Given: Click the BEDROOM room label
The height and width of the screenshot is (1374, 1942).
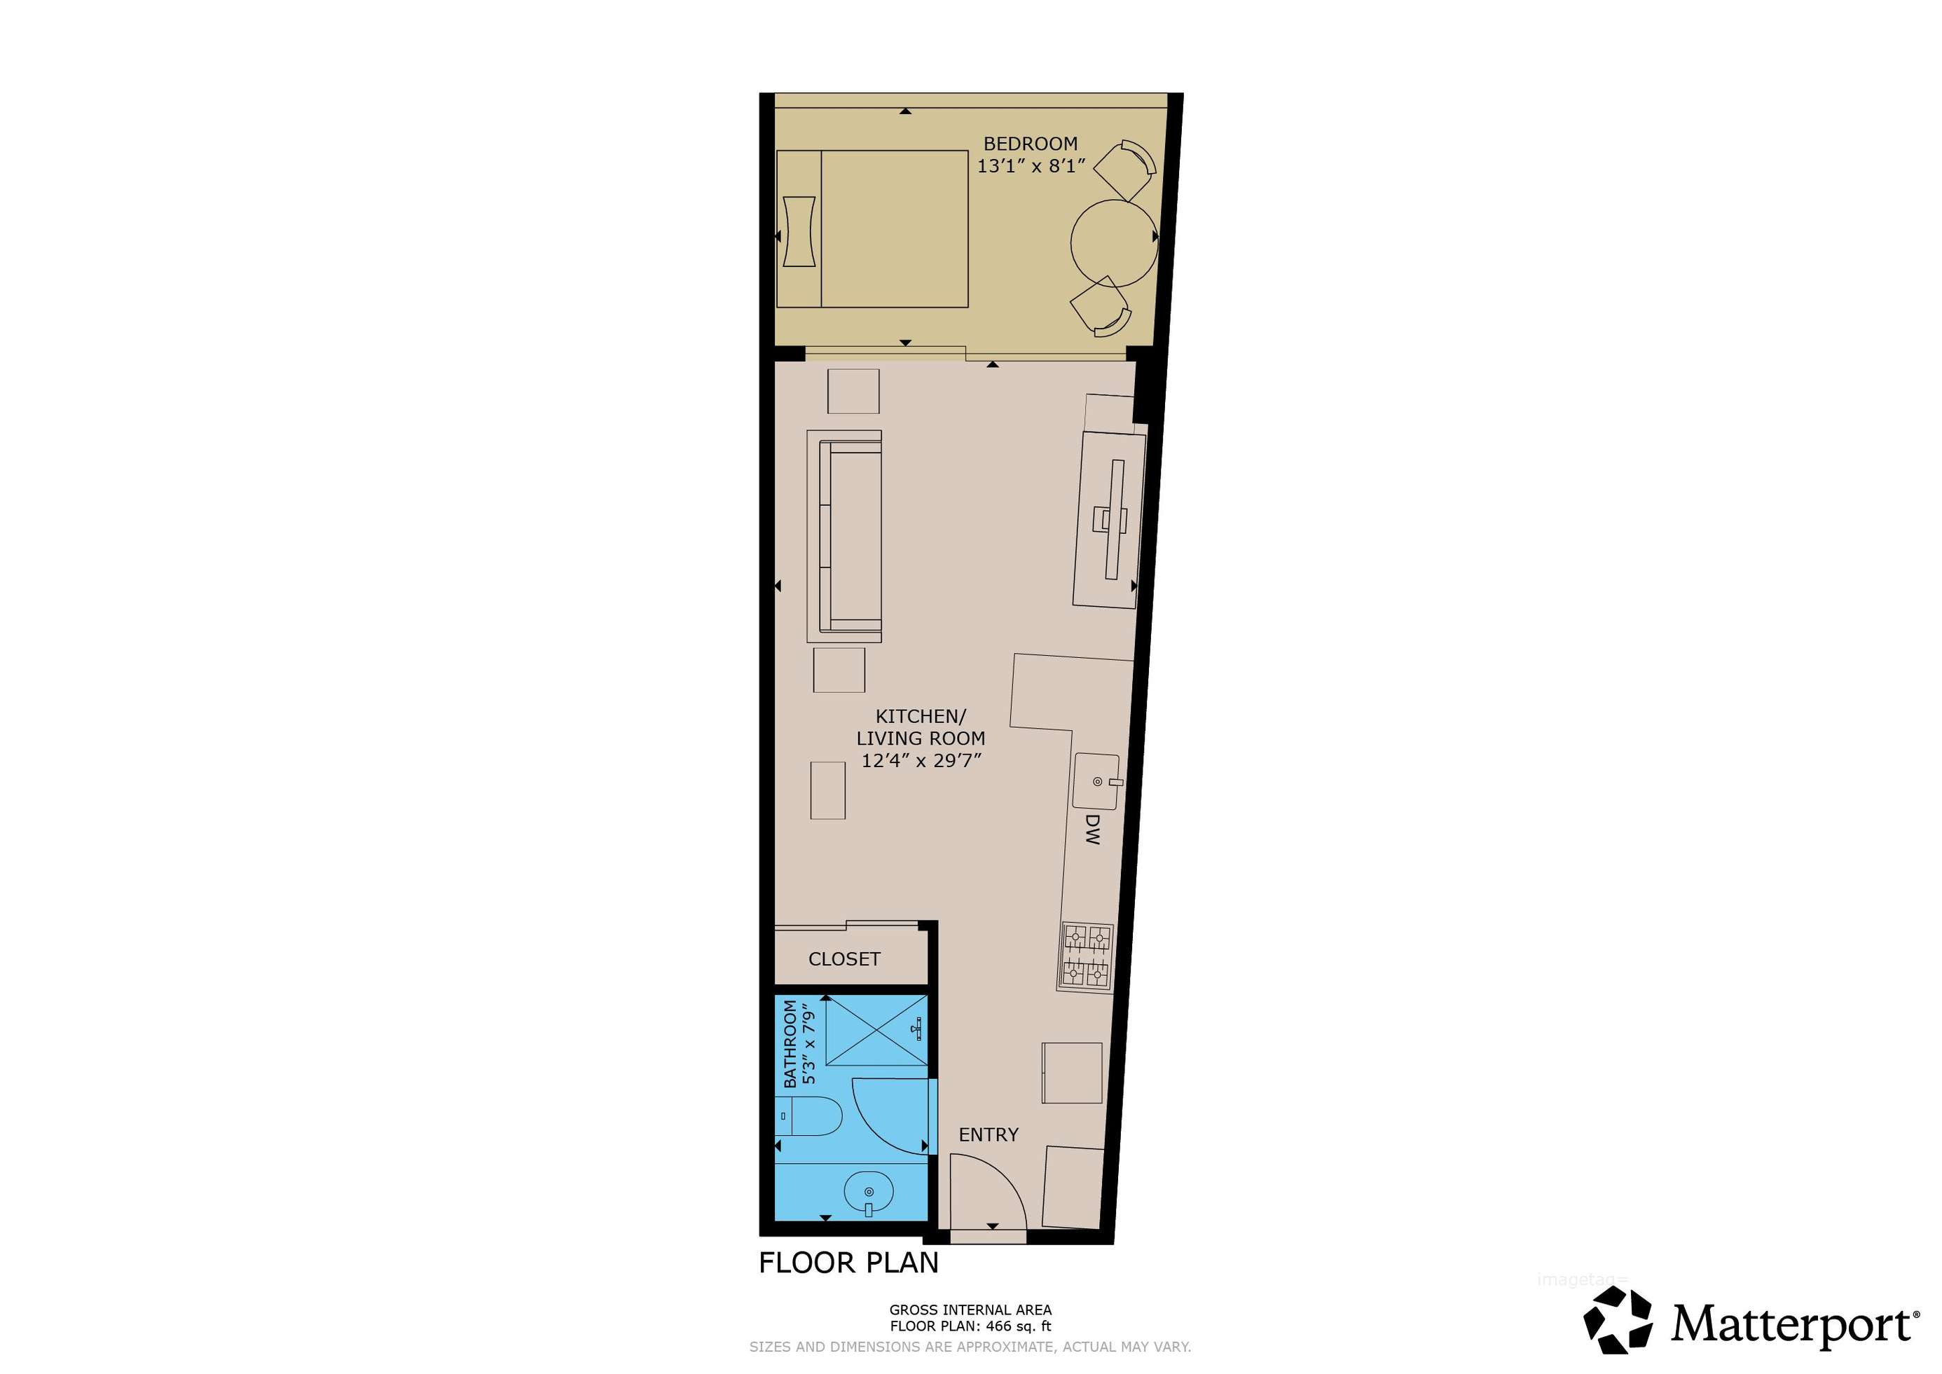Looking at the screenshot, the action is click(1031, 144).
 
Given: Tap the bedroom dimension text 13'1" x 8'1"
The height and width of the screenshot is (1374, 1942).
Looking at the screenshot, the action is click(1031, 166).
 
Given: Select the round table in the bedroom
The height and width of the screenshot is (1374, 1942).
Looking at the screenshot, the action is click(1114, 243).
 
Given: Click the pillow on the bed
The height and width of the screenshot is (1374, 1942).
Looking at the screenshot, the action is click(799, 232).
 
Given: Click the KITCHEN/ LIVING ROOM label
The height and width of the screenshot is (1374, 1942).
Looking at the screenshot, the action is click(921, 727).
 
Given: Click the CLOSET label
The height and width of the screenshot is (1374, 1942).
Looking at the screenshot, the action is click(844, 959).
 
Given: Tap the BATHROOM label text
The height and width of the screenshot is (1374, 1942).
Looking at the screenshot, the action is click(790, 1043).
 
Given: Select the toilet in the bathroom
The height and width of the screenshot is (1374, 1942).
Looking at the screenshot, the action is click(808, 1117).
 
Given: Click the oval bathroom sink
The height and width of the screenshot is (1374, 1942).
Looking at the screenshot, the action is click(869, 1194).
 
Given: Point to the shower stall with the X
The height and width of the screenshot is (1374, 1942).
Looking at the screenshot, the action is click(876, 1031).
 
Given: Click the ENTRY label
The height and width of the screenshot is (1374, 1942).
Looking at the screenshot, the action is click(988, 1134).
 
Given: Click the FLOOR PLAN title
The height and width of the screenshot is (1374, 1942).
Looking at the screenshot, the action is click(848, 1263).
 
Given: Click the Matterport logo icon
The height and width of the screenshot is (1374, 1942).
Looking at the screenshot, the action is click(1617, 1320).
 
